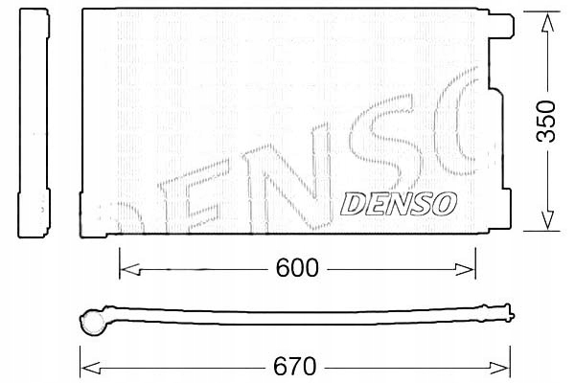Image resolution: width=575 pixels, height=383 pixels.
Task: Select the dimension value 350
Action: pyautogui.click(x=544, y=121)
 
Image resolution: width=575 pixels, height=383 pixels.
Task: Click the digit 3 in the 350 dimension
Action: pyautogui.click(x=544, y=136)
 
